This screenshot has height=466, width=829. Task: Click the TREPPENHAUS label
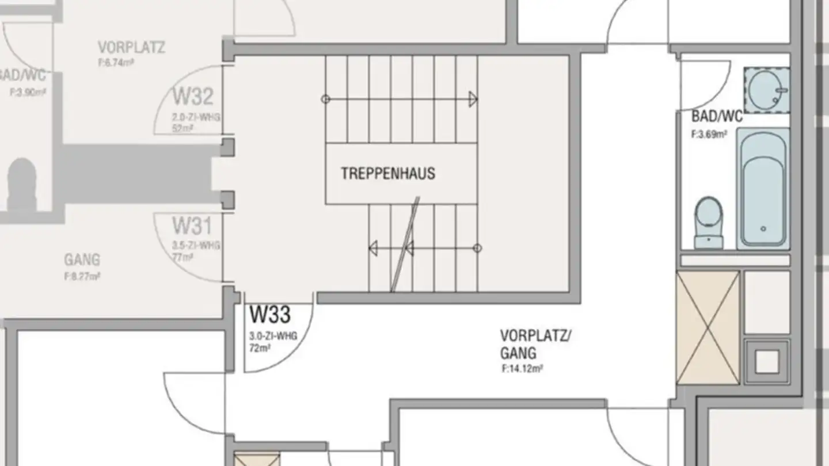387,173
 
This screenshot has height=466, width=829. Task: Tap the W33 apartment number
269,316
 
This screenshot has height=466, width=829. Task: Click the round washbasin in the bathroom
766,90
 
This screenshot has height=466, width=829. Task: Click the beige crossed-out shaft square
708,327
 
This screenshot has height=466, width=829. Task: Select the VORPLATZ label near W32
131,47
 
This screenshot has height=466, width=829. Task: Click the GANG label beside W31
82,260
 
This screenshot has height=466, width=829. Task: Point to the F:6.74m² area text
116,62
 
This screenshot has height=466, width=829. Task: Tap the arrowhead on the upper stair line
473,100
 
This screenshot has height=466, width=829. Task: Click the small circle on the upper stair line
326,100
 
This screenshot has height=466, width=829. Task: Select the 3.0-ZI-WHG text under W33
273,337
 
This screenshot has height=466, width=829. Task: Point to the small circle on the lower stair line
477,249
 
